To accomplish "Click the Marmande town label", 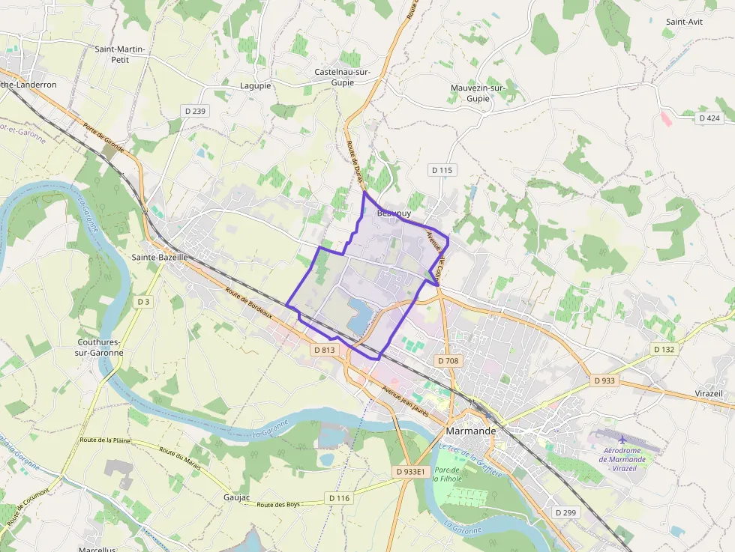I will (x=471, y=431).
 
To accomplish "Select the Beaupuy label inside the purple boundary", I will (x=394, y=213).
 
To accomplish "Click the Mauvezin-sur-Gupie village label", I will (x=478, y=93).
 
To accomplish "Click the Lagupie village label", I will (x=256, y=85).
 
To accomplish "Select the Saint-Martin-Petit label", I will (x=120, y=55).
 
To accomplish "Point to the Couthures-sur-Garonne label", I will (x=100, y=346).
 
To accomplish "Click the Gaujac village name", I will (x=237, y=497).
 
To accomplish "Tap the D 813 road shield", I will (x=325, y=350).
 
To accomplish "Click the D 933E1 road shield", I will (x=410, y=472).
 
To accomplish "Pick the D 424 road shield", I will (x=709, y=118).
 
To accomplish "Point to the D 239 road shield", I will (x=194, y=111).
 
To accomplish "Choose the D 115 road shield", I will (x=442, y=170).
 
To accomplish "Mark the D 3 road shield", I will (x=144, y=301).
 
